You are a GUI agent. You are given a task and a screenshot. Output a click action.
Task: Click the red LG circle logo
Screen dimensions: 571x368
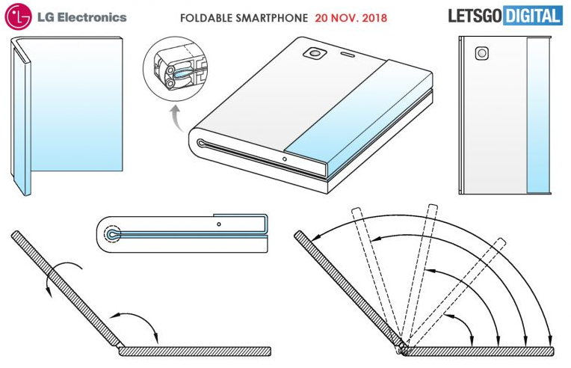click(17, 16)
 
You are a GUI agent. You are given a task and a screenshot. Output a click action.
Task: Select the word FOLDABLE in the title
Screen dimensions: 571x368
click(205, 18)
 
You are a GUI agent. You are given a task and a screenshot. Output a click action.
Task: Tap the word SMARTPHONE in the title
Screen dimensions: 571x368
click(271, 18)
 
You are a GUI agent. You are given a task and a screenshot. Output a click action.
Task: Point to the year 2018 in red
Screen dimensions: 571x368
click(374, 18)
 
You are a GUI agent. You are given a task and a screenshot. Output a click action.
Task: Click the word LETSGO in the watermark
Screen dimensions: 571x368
click(475, 16)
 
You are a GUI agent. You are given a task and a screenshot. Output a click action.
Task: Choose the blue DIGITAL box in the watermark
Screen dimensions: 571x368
click(532, 16)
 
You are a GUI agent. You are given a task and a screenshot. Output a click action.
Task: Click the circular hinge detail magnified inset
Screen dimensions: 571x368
click(175, 69)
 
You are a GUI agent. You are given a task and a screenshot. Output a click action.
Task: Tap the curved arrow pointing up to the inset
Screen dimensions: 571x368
click(176, 117)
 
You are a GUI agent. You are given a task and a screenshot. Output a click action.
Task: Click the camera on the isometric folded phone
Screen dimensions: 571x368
click(315, 54)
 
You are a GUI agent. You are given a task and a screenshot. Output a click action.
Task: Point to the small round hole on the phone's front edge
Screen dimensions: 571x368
click(285, 159)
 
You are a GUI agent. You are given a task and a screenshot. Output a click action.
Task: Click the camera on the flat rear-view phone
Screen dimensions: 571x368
click(482, 54)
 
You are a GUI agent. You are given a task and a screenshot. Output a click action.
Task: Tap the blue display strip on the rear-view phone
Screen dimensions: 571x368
click(538, 115)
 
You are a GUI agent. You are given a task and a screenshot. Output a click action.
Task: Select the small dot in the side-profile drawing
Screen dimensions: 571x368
click(218, 224)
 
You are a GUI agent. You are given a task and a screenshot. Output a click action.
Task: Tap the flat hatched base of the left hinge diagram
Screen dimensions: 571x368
click(195, 352)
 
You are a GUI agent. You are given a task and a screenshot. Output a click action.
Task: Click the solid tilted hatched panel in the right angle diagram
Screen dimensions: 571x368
click(349, 289)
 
